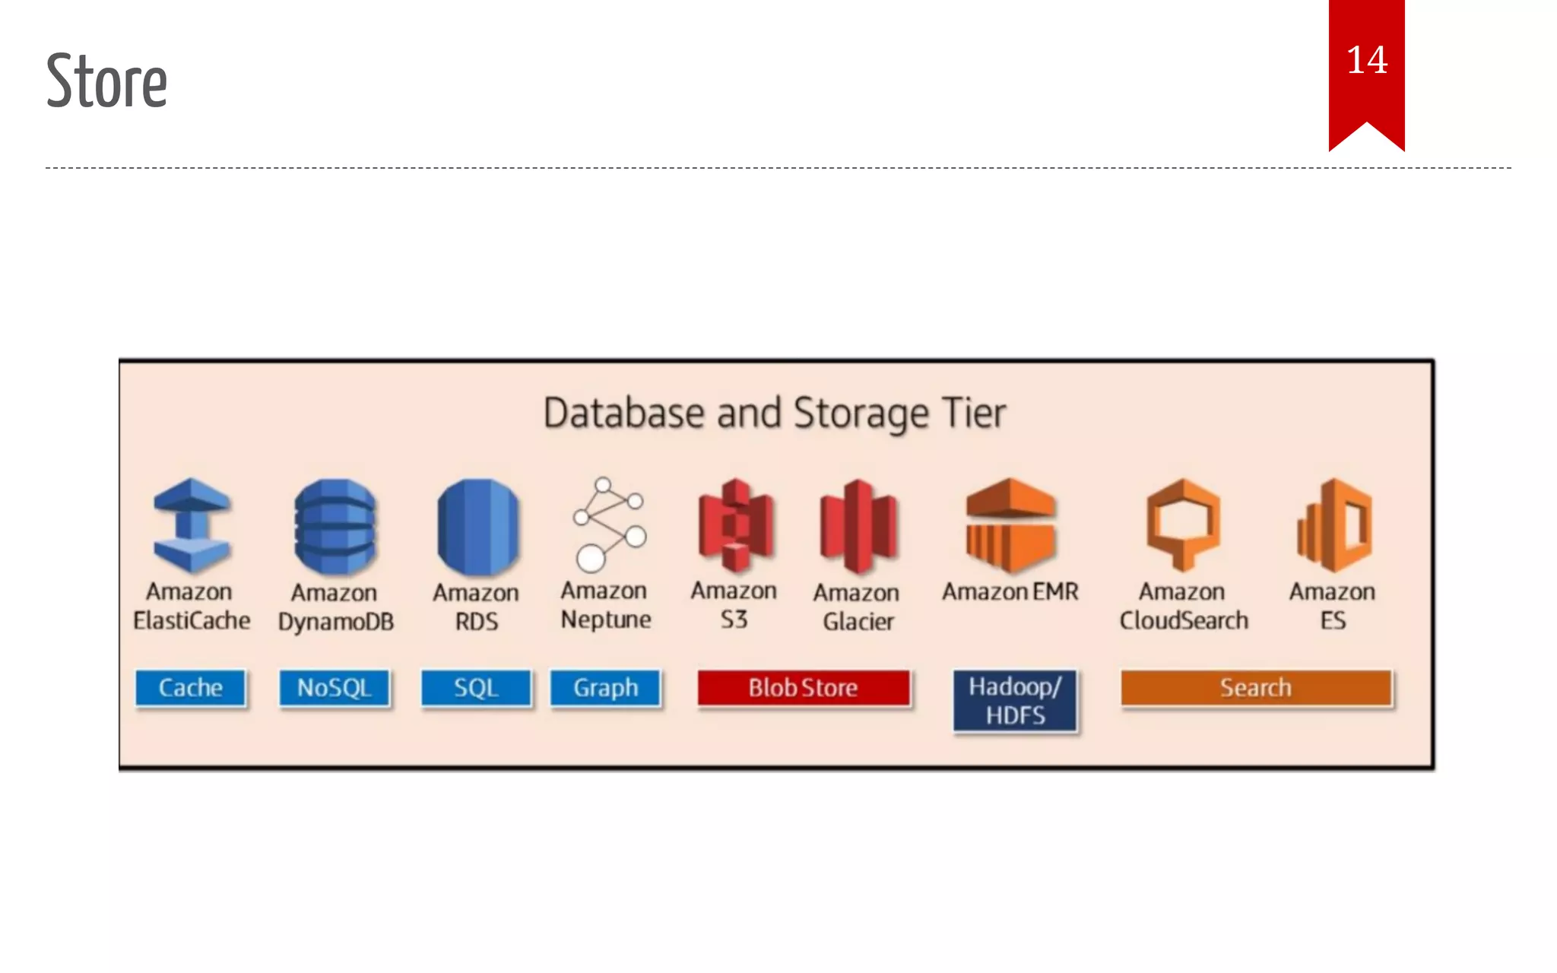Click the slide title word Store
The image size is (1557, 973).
(106, 81)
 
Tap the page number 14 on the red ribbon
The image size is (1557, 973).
(1366, 61)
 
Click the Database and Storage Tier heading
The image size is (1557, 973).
(774, 414)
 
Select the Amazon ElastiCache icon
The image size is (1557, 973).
(192, 525)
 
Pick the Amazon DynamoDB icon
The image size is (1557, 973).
(335, 526)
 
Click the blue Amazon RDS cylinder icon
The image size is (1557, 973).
(477, 526)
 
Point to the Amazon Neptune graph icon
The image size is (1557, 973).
(608, 525)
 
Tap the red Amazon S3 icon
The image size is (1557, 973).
(735, 525)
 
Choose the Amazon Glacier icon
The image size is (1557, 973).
(858, 526)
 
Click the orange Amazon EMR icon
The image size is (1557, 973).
(1010, 525)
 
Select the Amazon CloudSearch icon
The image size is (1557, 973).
(1183, 525)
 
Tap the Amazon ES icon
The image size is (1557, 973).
(1334, 525)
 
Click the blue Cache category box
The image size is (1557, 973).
(190, 688)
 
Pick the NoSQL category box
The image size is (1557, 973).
(334, 688)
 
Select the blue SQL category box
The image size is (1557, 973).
(476, 688)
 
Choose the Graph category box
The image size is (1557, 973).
(605, 688)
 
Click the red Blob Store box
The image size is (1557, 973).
(803, 688)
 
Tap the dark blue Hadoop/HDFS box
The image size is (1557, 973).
(1015, 701)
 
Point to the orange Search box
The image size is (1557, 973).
(1256, 688)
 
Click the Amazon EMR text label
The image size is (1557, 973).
(1010, 591)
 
